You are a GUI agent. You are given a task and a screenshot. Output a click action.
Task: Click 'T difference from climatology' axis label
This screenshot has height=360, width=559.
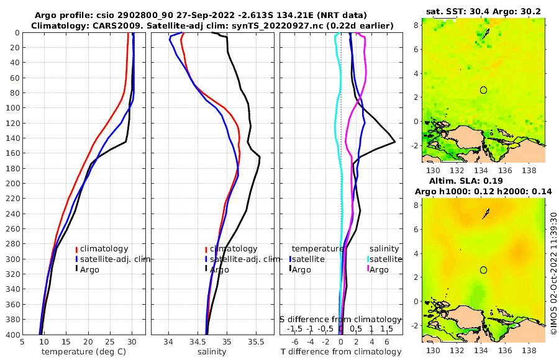(341, 352)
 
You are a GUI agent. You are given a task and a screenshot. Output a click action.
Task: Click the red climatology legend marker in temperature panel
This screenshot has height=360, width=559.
(76, 249)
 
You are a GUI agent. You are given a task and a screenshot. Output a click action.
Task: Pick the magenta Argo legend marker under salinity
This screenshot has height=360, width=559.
(367, 269)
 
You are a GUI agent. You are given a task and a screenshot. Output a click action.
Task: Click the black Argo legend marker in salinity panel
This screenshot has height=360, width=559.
(206, 269)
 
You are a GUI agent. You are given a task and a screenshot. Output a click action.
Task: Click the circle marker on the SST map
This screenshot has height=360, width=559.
(483, 90)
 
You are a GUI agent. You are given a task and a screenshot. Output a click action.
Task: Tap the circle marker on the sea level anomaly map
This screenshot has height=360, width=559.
(483, 270)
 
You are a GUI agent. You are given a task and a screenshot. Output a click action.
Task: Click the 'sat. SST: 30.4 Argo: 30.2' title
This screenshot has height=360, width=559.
(484, 12)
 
